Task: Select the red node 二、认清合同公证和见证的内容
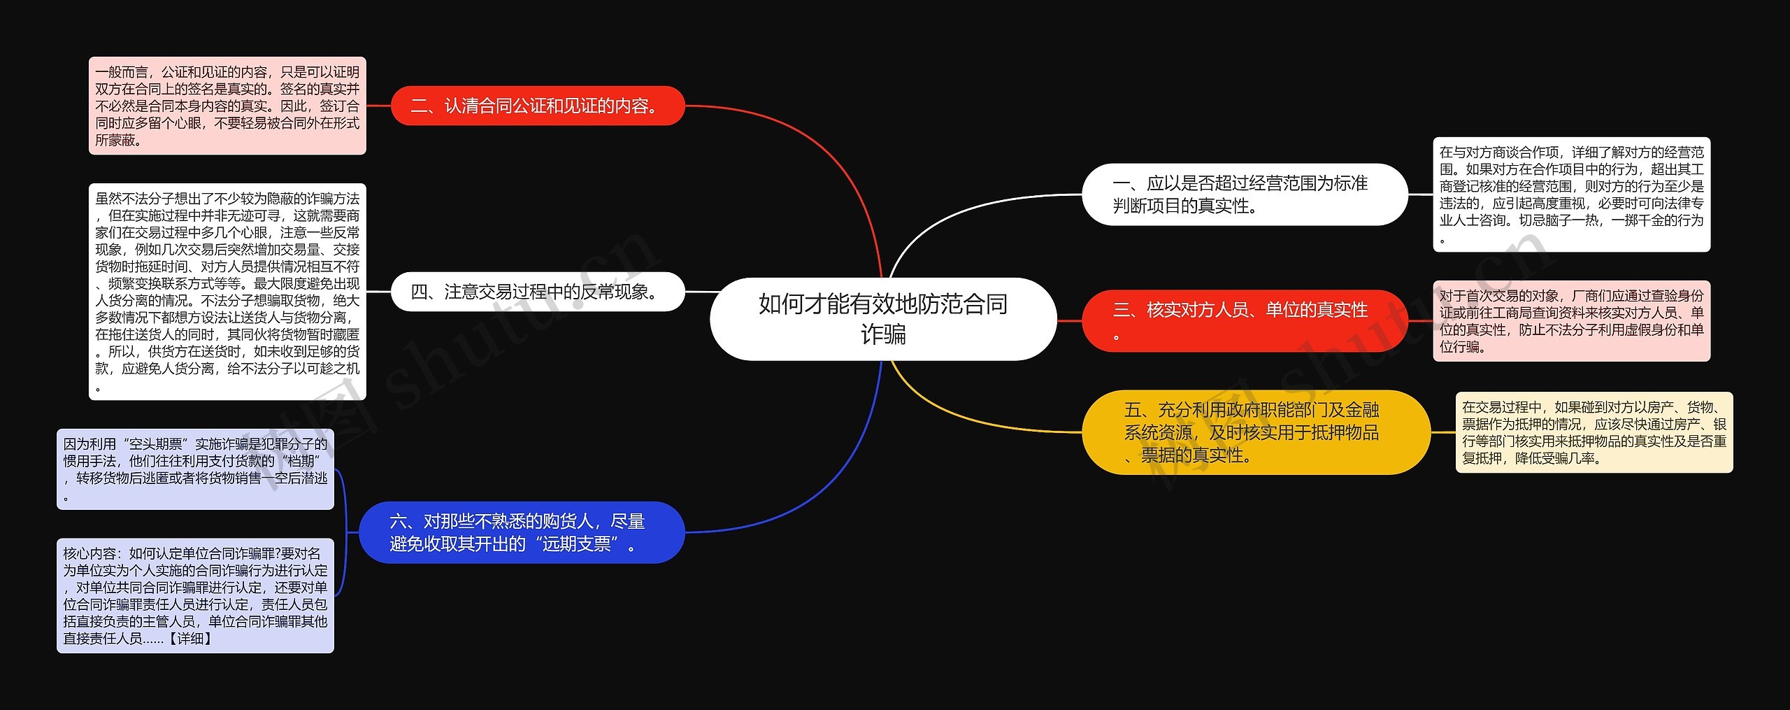pyautogui.click(x=537, y=106)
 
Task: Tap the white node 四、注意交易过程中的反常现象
pyautogui.click(x=537, y=292)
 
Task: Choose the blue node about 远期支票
pyautogui.click(x=521, y=532)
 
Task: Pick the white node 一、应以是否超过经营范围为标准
pyautogui.click(x=1244, y=194)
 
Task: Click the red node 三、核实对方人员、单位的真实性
pyautogui.click(x=1244, y=321)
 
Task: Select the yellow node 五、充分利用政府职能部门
pyautogui.click(x=1255, y=432)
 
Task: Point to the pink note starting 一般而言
pyautogui.click(x=227, y=106)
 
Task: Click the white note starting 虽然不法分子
pyautogui.click(x=227, y=292)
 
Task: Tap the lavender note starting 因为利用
pyautogui.click(x=195, y=469)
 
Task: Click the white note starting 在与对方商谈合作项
pyautogui.click(x=1571, y=194)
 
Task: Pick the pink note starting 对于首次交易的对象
pyautogui.click(x=1571, y=321)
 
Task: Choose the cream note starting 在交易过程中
pyautogui.click(x=1594, y=432)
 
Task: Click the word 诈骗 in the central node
pyautogui.click(x=883, y=335)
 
